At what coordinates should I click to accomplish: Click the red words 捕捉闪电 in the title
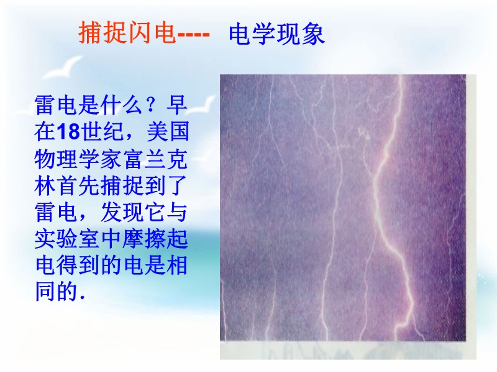(127, 32)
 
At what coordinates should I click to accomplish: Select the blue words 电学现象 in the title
(277, 34)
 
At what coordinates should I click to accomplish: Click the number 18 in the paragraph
(68, 131)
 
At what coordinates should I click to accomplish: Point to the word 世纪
(102, 131)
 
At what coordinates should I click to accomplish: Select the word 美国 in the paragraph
(168, 131)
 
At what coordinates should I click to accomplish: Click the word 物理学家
(78, 159)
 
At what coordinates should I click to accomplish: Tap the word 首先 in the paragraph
(78, 185)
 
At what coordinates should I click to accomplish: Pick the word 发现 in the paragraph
(122, 212)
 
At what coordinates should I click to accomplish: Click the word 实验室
(68, 239)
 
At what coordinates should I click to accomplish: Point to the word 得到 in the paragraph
(78, 266)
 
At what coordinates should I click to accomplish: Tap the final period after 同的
(83, 298)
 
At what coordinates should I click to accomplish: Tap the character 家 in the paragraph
(112, 159)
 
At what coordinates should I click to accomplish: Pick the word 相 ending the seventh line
(178, 266)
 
